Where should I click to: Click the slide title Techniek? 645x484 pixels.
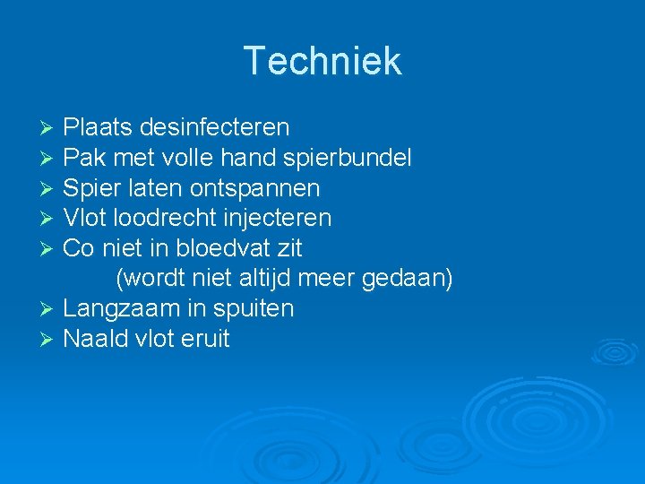point(322,61)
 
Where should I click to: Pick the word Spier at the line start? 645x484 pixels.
point(87,188)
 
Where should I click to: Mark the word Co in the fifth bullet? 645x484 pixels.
point(77,247)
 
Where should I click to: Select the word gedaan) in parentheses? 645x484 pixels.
point(408,279)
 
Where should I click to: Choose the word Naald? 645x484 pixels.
point(92,339)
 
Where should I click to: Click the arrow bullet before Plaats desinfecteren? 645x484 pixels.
point(49,128)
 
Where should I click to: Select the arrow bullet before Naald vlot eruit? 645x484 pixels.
point(49,340)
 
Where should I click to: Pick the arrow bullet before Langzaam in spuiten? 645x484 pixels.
point(49,309)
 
